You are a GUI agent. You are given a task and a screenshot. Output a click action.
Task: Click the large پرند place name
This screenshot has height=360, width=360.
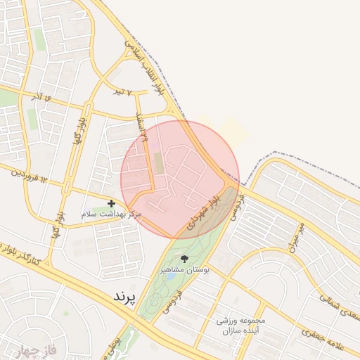[x=127, y=296]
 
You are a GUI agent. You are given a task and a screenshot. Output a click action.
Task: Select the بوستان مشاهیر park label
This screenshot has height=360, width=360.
[x=184, y=269]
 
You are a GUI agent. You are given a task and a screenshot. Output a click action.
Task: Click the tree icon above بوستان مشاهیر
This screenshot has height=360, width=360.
[x=184, y=259]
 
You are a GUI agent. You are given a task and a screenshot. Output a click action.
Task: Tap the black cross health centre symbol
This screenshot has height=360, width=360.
[x=111, y=203]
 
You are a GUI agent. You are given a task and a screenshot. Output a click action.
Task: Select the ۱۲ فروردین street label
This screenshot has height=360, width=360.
[x=29, y=176]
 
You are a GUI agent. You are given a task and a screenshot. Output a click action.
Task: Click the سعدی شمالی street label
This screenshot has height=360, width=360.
[x=337, y=307]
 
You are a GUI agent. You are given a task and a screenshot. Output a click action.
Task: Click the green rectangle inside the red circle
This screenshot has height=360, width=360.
[x=158, y=164]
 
